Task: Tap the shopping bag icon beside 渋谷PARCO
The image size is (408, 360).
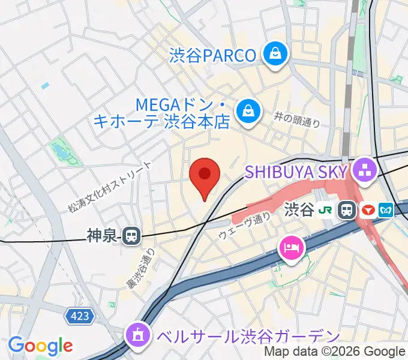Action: point(276,55)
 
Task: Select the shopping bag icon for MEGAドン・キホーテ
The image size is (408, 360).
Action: point(247,112)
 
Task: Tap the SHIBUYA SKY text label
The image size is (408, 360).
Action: point(296,172)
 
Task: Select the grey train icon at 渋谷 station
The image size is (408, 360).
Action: point(347,210)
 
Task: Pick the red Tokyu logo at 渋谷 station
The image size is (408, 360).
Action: point(368,210)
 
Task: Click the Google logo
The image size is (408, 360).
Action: point(40,346)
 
